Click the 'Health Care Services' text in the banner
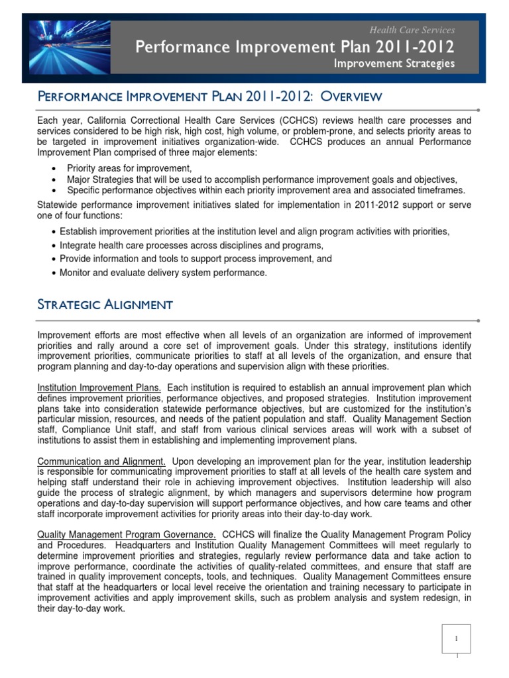412,30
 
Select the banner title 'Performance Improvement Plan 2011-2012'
295,47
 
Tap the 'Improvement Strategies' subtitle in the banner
394,64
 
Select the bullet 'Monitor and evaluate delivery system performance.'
163,273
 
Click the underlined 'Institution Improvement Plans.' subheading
99,387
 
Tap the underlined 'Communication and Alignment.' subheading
99,461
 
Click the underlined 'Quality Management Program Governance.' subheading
126,534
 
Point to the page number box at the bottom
455,640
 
